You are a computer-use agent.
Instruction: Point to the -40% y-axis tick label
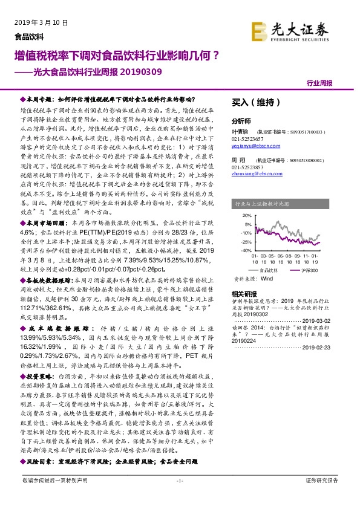click(246, 250)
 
